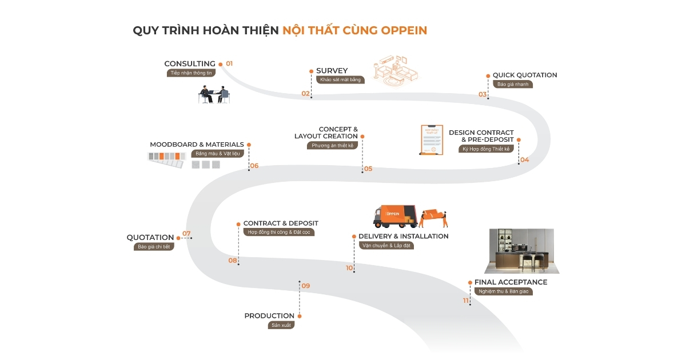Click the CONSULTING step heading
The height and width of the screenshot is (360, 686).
pyautogui.click(x=190, y=64)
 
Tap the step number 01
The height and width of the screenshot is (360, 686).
pyautogui.click(x=229, y=63)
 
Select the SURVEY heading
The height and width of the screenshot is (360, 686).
pyautogui.click(x=332, y=71)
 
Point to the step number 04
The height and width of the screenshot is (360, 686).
pyautogui.click(x=524, y=160)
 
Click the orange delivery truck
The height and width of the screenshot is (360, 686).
pyautogui.click(x=394, y=217)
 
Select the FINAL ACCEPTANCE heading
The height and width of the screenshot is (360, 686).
pyautogui.click(x=510, y=282)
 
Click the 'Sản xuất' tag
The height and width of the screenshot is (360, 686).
pyautogui.click(x=280, y=325)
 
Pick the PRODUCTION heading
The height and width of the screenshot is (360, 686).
pyautogui.click(x=269, y=316)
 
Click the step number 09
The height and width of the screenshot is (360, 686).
pyautogui.click(x=306, y=286)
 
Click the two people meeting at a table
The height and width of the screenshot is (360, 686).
pyautogui.click(x=214, y=94)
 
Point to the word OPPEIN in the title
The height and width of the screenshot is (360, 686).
pyautogui.click(x=403, y=30)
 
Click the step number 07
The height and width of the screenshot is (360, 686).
pyautogui.click(x=186, y=234)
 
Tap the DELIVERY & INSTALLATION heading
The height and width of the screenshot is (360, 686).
pyautogui.click(x=403, y=237)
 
